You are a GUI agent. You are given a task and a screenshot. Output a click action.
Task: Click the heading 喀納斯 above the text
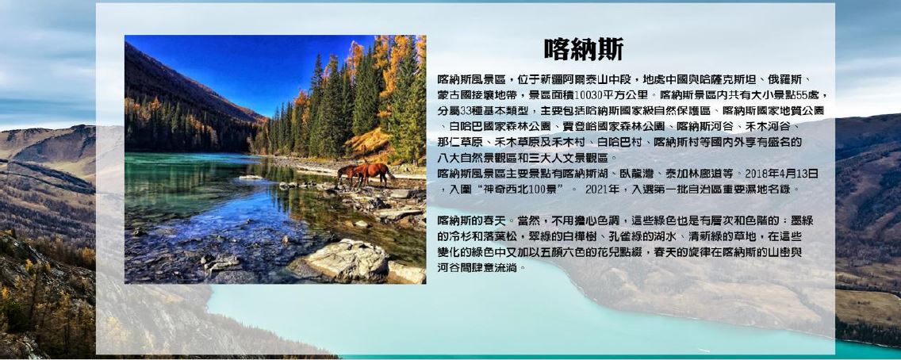coord(584,49)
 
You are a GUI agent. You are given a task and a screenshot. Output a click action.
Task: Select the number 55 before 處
coord(809,95)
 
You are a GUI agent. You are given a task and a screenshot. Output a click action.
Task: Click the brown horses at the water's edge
coord(366,174)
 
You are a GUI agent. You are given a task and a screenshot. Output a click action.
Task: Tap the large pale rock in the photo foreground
coord(347,259)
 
